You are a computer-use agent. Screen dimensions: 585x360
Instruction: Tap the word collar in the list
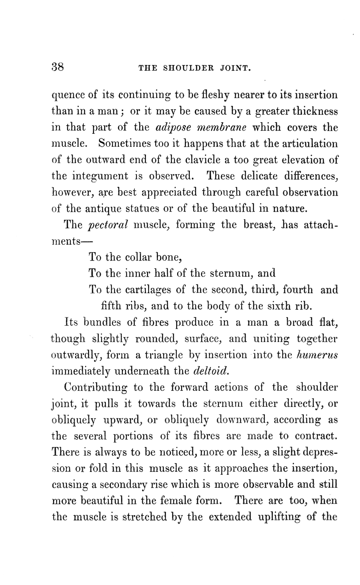tap(139, 257)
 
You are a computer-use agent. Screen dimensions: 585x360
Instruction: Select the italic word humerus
tap(317, 355)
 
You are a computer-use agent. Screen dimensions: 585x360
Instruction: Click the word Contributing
tap(96, 388)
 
